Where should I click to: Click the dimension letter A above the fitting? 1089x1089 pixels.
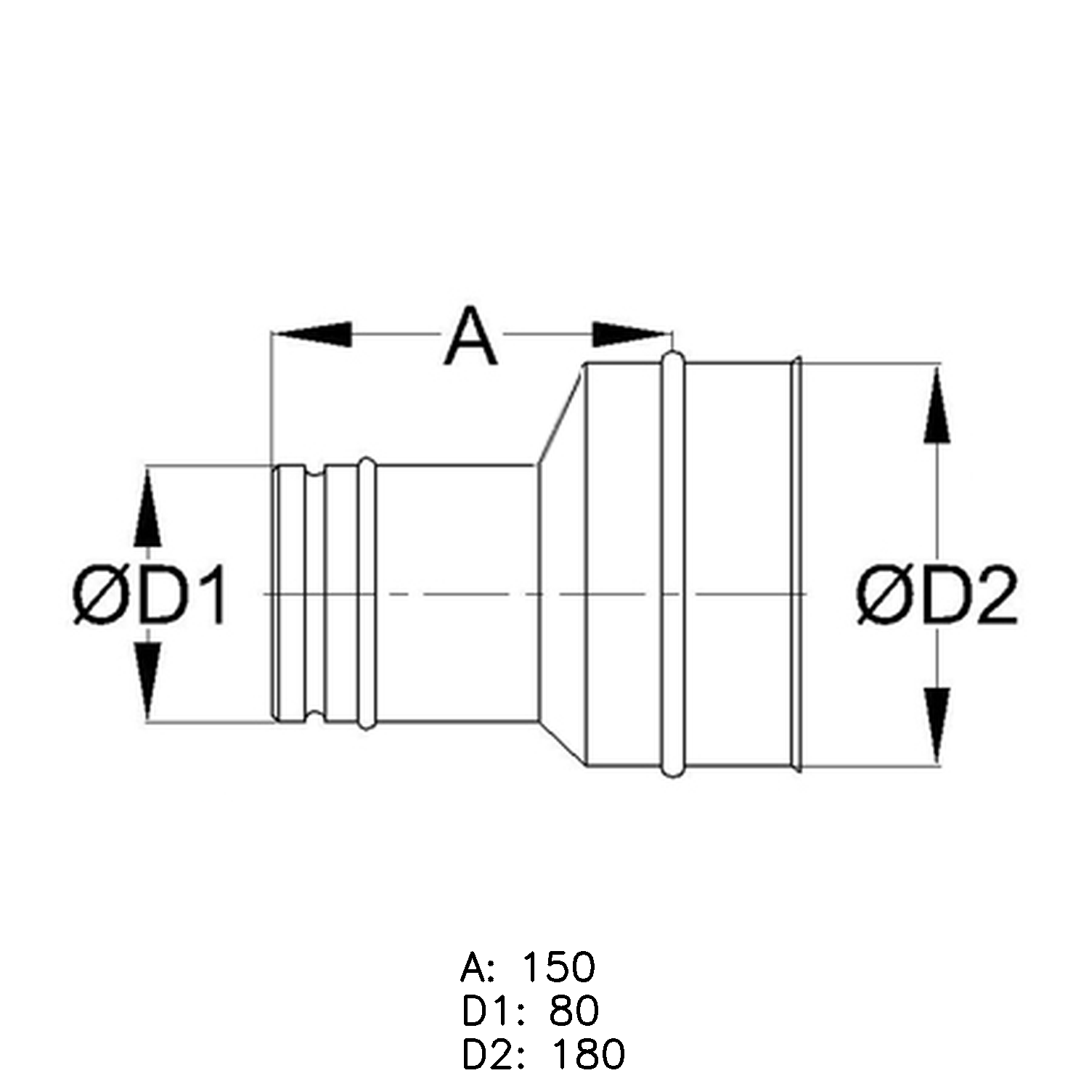coord(471,336)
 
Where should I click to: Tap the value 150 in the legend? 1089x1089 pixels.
coord(559,967)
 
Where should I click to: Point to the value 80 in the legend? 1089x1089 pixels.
coord(574,1011)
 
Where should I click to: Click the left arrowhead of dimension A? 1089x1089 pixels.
coord(311,334)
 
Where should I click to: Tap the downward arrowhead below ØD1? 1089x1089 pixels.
coord(147,681)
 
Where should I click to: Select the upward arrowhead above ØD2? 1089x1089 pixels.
coord(937,404)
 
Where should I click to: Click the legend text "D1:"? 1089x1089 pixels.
coord(491,1011)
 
